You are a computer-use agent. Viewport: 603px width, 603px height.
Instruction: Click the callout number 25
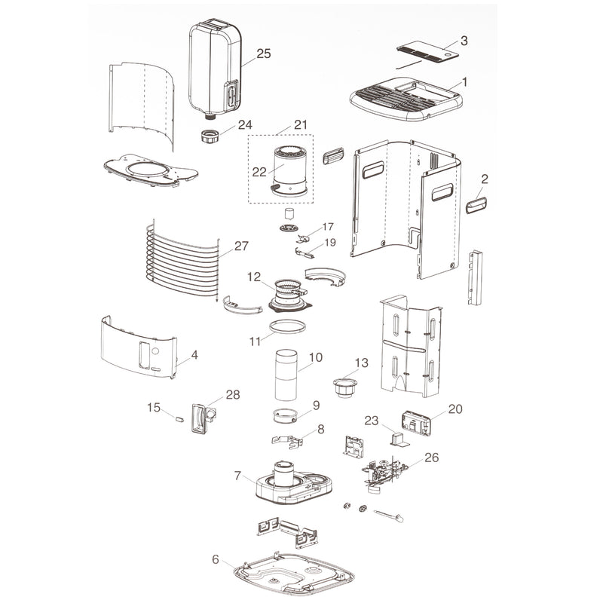coord(263,54)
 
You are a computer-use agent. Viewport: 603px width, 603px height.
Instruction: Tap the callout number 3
coord(464,41)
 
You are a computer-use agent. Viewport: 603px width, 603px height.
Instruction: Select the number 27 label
coord(241,246)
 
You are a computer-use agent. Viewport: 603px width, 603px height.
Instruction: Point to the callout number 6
coord(216,559)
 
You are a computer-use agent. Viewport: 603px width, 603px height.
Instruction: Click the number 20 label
coord(455,409)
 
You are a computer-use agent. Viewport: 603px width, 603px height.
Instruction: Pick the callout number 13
coord(362,363)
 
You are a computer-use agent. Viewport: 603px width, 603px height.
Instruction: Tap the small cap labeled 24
coord(210,136)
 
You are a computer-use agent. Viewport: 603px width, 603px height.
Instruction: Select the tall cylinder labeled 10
coord(286,375)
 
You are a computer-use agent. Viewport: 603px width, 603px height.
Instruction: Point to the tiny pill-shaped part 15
coord(179,419)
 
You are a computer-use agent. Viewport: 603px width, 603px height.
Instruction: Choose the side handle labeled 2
coord(476,205)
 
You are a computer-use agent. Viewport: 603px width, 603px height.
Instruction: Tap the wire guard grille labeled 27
coord(182,262)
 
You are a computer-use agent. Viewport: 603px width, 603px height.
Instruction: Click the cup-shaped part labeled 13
coord(345,387)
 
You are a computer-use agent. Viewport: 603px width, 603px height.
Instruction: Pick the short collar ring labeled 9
coord(286,416)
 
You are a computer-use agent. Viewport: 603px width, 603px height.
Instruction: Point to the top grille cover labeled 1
coord(406,99)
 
